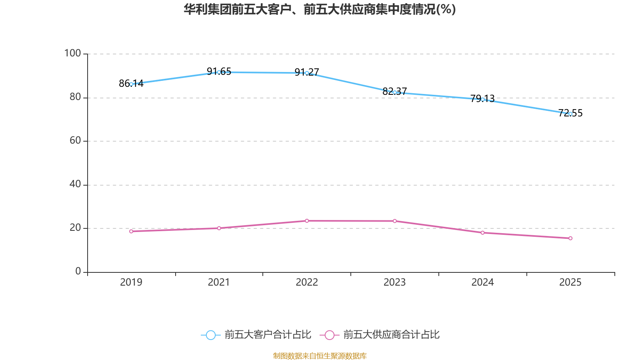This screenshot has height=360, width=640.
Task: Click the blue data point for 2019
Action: point(131,84)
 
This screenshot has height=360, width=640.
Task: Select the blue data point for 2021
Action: point(219,72)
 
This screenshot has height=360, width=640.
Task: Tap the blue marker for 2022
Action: point(307,73)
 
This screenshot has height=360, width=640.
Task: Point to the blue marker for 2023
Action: point(395,92)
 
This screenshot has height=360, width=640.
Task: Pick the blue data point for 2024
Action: point(483,99)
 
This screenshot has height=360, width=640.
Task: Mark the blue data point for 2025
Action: point(570,114)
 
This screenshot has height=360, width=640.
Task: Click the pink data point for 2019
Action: point(131,231)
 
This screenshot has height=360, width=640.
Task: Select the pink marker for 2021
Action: point(219,228)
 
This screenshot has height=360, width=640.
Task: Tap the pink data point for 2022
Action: point(307,221)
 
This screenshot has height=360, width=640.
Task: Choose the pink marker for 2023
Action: point(395,221)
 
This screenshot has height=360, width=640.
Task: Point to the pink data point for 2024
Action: point(483,232)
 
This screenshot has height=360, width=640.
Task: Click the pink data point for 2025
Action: point(570,238)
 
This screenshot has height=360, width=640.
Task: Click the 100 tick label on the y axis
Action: point(72,53)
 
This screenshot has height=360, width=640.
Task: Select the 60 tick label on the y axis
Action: point(75,141)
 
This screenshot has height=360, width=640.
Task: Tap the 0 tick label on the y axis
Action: point(78,272)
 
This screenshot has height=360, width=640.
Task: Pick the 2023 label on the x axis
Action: point(394,282)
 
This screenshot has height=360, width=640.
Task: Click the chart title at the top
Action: point(320,9)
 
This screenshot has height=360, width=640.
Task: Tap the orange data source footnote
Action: point(320,356)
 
